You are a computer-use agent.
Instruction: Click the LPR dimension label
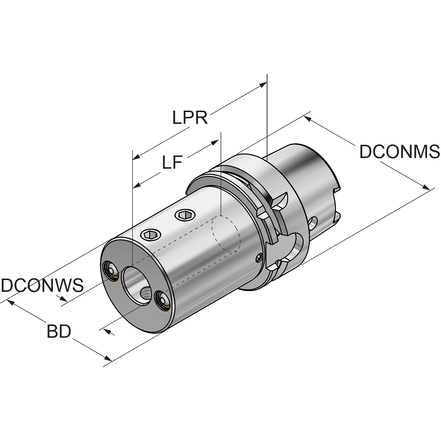(190, 118)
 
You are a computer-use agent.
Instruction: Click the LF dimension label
(172, 162)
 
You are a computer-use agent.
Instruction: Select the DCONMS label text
(399, 151)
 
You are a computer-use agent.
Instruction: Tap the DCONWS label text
(42, 285)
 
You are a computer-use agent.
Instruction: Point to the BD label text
(59, 332)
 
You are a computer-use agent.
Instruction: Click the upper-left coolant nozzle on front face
(110, 270)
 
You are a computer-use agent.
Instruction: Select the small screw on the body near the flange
(259, 259)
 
